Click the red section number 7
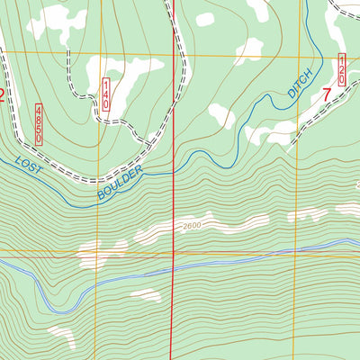(x=326, y=93)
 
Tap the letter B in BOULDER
(x=98, y=192)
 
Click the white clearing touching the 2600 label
(x=162, y=230)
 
